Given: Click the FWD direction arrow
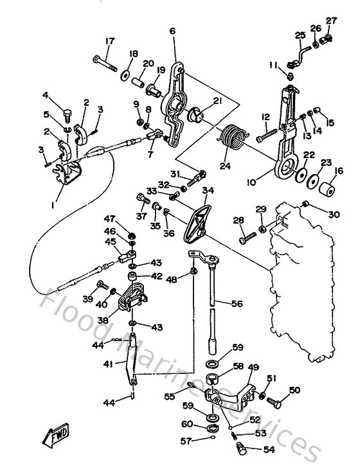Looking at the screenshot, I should click(56, 436).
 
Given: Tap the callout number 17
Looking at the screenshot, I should click(109, 42).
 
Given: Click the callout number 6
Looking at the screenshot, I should click(172, 31).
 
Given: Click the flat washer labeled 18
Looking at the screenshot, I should click(123, 75).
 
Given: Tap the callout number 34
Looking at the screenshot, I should click(207, 190).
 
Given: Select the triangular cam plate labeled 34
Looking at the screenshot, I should click(196, 221).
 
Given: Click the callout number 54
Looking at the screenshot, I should click(268, 450).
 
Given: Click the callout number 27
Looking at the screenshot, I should click(331, 21).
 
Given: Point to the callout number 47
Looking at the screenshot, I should click(110, 218).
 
